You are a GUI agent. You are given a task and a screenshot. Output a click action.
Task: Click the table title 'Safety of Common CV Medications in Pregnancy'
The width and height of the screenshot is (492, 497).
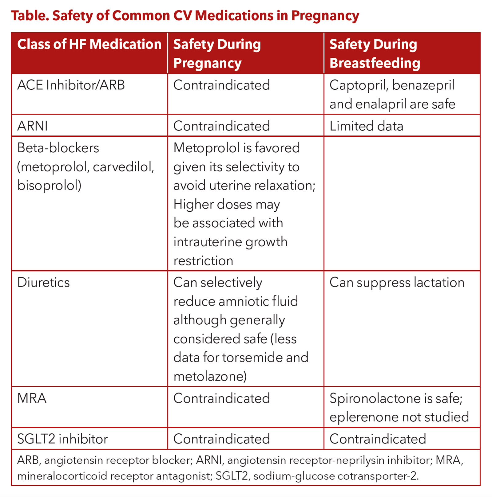tap(185, 16)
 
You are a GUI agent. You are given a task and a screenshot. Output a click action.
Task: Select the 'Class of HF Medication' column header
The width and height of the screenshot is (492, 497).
tap(89, 44)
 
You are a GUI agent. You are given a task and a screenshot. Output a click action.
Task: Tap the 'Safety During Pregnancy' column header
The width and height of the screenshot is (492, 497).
tap(217, 53)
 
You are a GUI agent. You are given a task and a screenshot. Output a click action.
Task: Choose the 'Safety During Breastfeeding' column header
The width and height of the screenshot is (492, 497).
tap(374, 53)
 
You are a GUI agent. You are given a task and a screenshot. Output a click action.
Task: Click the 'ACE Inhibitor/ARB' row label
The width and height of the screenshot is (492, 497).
tap(71, 85)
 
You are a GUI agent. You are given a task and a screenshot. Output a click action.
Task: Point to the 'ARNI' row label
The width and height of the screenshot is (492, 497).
tap(32, 126)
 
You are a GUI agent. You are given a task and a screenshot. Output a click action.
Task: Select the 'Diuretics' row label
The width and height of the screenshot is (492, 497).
tap(43, 283)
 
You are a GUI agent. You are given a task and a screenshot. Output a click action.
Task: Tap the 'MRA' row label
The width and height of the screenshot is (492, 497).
tap(32, 398)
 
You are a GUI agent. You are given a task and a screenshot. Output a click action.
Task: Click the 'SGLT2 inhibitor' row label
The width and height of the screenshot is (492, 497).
tap(62, 439)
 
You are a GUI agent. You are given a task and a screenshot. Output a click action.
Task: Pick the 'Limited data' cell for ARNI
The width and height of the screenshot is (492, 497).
tap(366, 126)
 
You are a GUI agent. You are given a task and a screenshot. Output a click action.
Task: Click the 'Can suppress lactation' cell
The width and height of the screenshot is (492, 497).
tap(397, 283)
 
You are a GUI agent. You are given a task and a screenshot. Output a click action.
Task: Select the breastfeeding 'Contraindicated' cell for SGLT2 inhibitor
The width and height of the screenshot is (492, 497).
tap(378, 439)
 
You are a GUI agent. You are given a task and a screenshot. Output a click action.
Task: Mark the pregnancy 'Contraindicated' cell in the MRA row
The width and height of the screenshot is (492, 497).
tap(221, 398)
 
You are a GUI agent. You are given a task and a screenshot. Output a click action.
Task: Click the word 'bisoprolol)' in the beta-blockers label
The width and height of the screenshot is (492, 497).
tap(49, 186)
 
